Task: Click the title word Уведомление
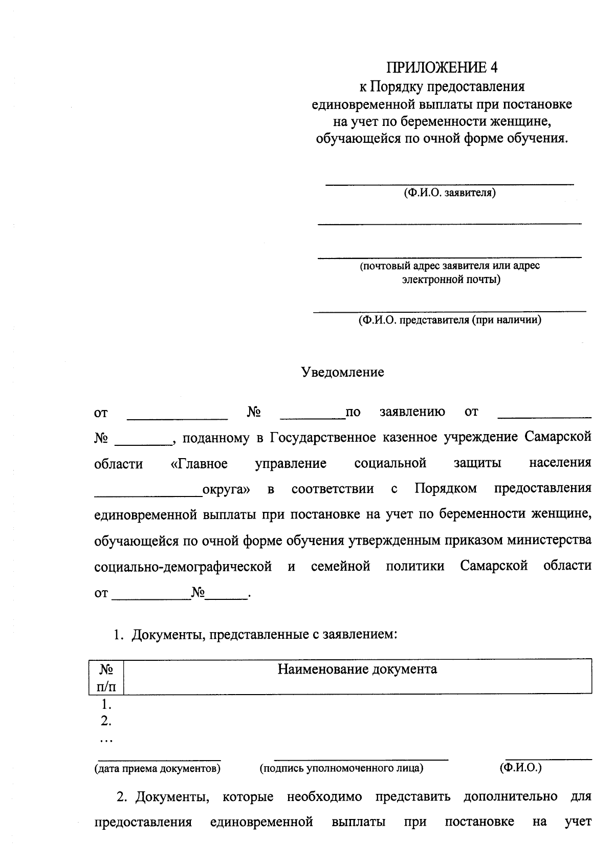click(342, 372)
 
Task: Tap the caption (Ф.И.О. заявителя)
click(449, 193)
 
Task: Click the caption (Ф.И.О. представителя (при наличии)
click(449, 320)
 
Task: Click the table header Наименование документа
click(357, 669)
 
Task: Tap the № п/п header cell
click(106, 677)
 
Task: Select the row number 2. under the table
click(106, 721)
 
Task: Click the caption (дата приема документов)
click(157, 769)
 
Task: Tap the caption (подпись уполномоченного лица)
click(341, 769)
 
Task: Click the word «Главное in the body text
click(199, 464)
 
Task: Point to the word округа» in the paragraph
click(226, 489)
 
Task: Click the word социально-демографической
click(183, 567)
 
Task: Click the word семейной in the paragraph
click(340, 567)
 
